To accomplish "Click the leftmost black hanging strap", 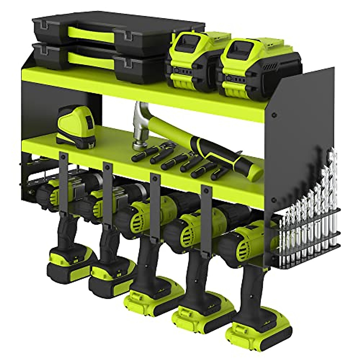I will [x=63, y=180].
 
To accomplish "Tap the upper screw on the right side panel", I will [x=274, y=115].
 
